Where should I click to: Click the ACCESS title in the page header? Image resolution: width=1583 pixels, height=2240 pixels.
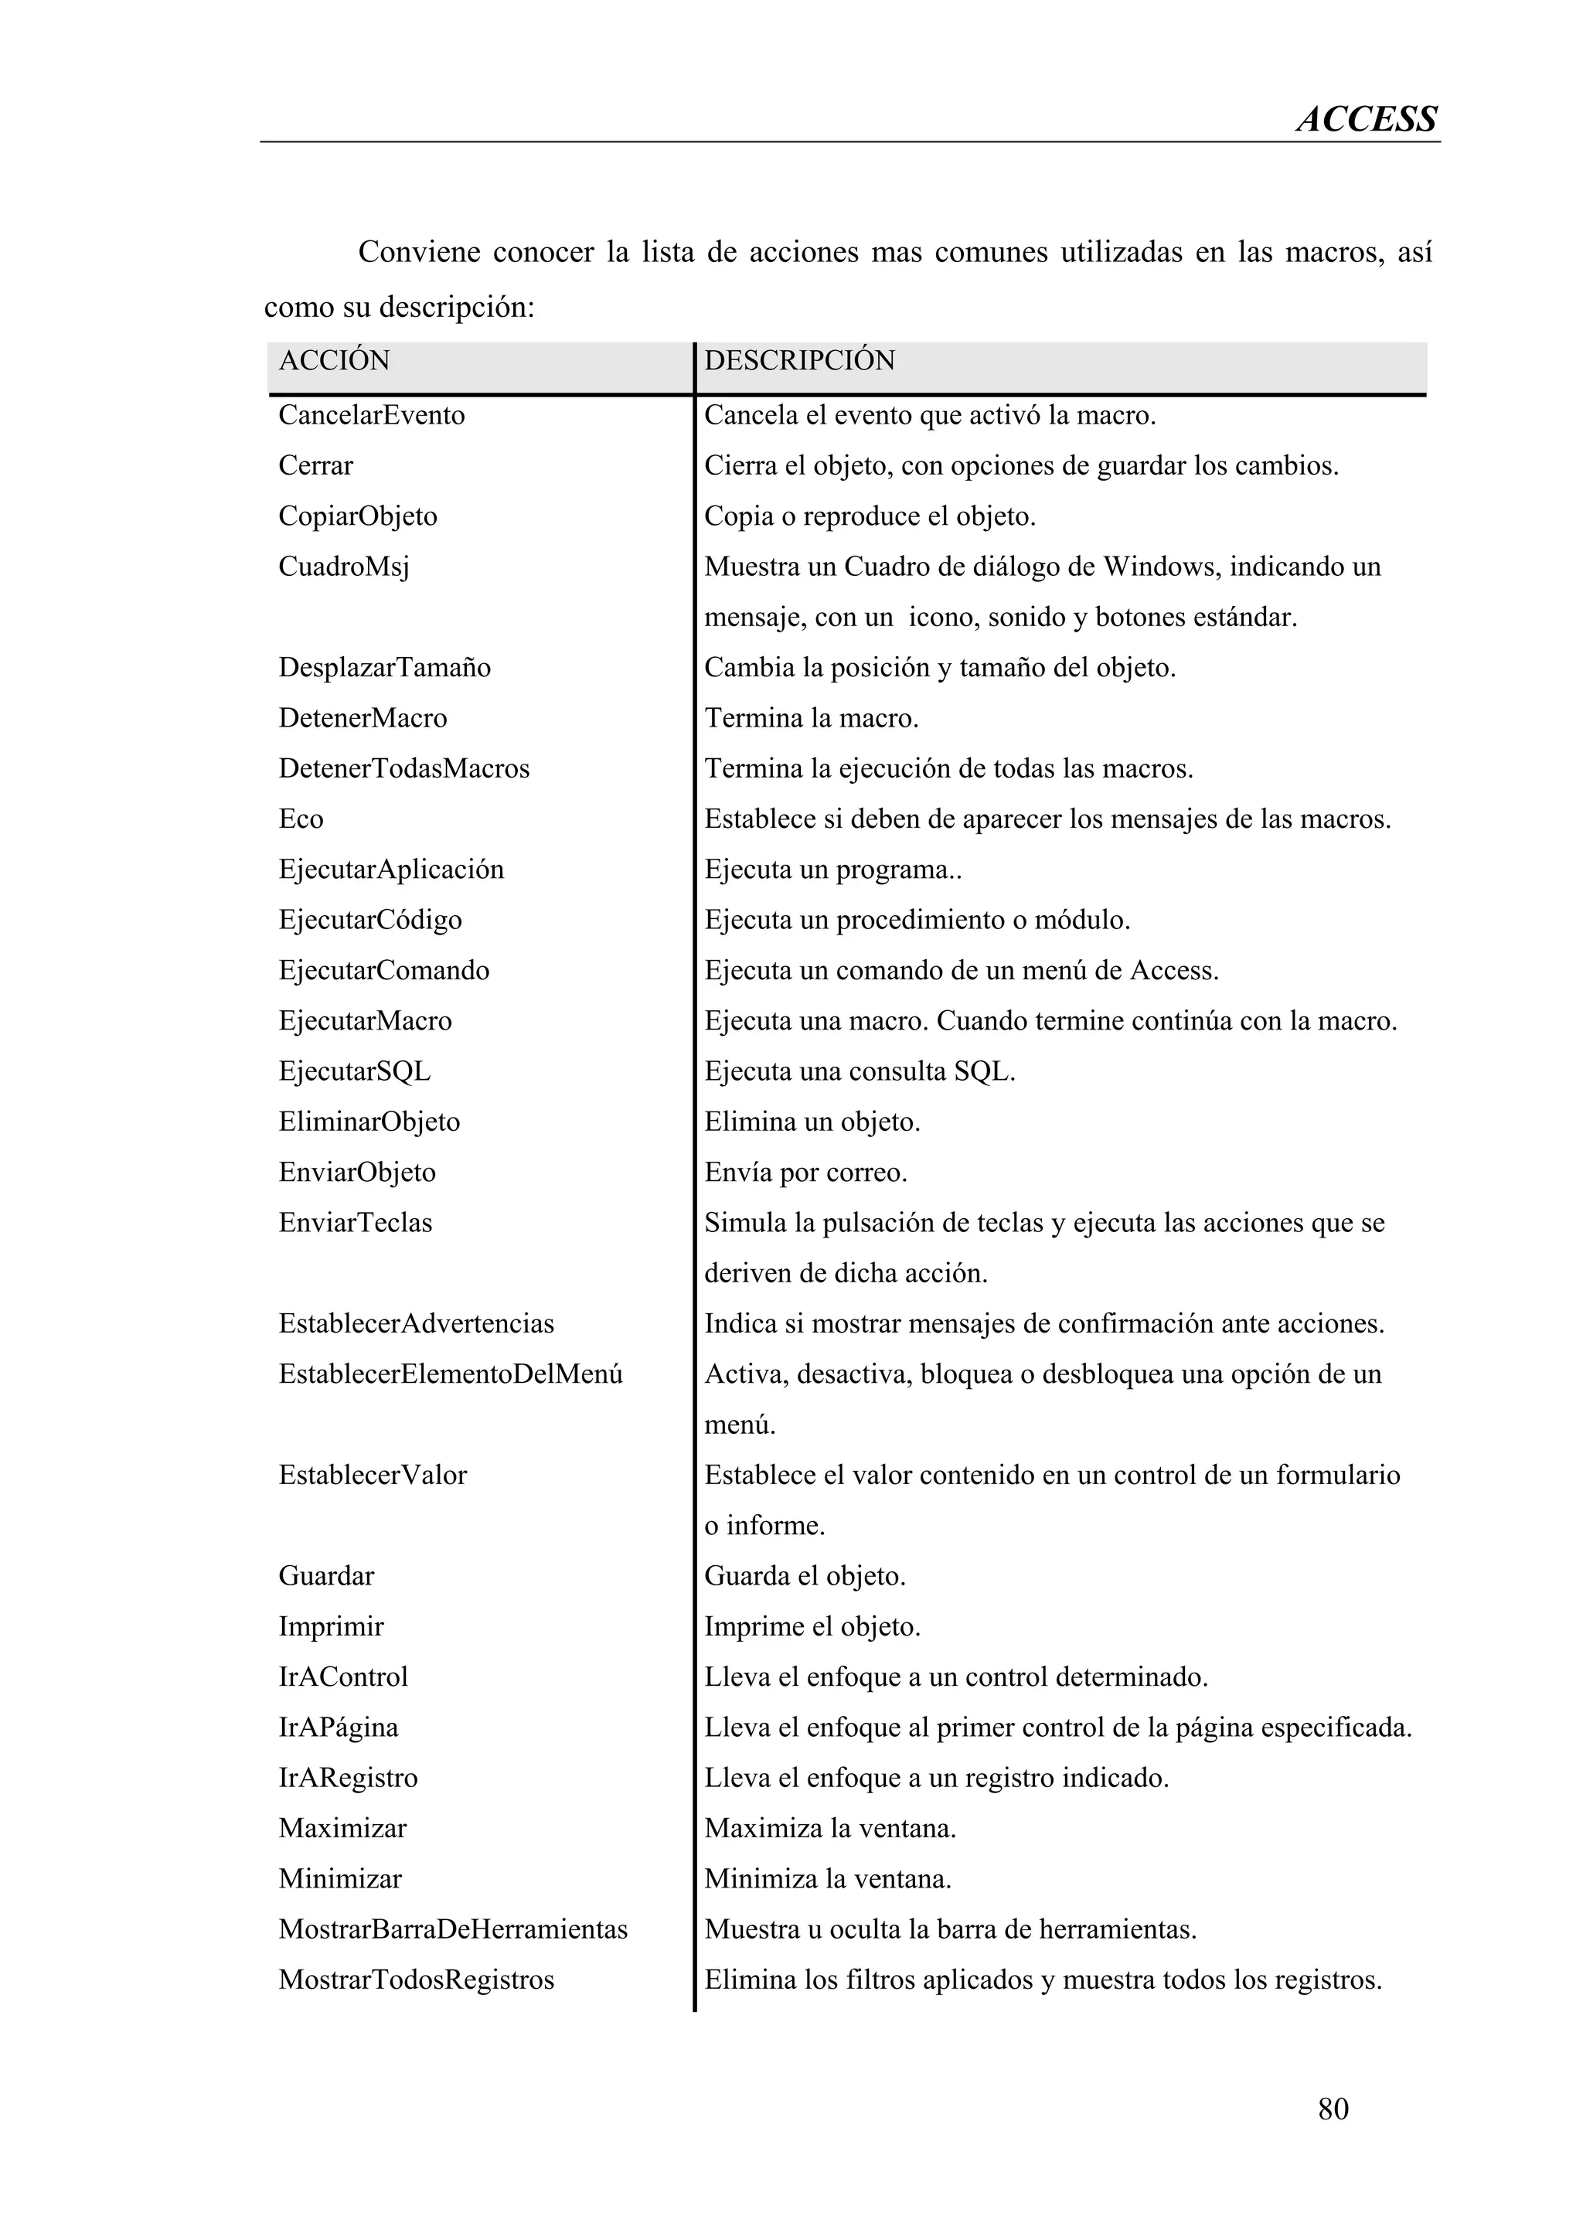pyautogui.click(x=1366, y=119)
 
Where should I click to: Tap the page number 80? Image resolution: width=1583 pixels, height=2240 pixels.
pyautogui.click(x=1333, y=2109)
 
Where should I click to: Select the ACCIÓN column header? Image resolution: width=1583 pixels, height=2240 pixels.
pyautogui.click(x=334, y=361)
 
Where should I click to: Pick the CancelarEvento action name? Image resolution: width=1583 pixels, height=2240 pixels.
pyautogui.click(x=371, y=416)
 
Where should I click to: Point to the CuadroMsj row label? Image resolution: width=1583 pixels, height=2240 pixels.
pyautogui.click(x=343, y=567)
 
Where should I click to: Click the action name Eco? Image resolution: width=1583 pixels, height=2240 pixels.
pyautogui.click(x=301, y=819)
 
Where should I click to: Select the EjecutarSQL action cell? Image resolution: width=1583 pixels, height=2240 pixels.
pyautogui.click(x=354, y=1071)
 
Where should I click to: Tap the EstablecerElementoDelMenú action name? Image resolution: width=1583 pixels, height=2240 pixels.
pyautogui.click(x=450, y=1374)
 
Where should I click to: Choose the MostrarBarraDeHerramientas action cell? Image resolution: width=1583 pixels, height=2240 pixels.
pyautogui.click(x=453, y=1929)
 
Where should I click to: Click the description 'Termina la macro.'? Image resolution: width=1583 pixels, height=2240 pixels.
pyautogui.click(x=812, y=718)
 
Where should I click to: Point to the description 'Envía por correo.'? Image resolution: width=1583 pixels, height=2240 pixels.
pyautogui.click(x=805, y=1172)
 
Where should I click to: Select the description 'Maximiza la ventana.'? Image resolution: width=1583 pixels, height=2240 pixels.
pyautogui.click(x=830, y=1828)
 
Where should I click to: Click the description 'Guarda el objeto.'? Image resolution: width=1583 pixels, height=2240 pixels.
pyautogui.click(x=805, y=1575)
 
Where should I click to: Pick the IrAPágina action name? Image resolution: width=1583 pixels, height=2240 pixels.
pyautogui.click(x=338, y=1727)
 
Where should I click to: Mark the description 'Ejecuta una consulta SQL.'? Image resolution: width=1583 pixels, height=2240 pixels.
pyautogui.click(x=860, y=1071)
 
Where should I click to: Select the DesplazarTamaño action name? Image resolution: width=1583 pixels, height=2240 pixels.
pyautogui.click(x=384, y=667)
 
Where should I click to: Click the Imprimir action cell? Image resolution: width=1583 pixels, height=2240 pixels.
pyautogui.click(x=331, y=1626)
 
